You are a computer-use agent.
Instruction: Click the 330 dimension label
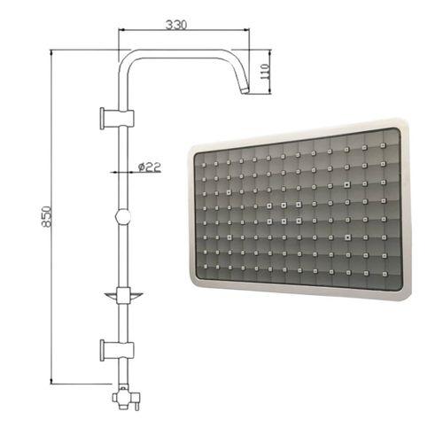pyautogui.click(x=176, y=25)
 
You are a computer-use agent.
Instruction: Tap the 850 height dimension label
pyautogui.click(x=47, y=216)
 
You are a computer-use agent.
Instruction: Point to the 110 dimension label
pyautogui.click(x=264, y=71)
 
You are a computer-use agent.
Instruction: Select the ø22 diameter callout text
pyautogui.click(x=150, y=167)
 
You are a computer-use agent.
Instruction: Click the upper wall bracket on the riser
pyautogui.click(x=117, y=119)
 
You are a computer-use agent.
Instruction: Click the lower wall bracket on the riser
pyautogui.click(x=117, y=350)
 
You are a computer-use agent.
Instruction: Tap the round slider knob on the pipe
pyautogui.click(x=123, y=216)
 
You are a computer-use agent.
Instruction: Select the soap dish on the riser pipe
pyautogui.click(x=123, y=295)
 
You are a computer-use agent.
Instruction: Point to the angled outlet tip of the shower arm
pyautogui.click(x=245, y=89)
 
